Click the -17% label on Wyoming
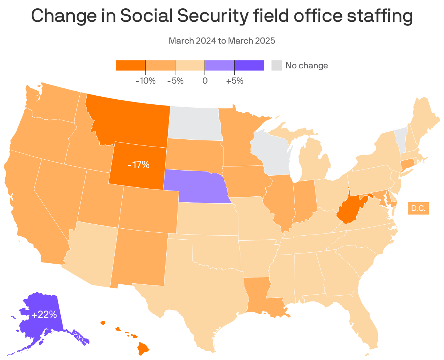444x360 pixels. click(x=138, y=165)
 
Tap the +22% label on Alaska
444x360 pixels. click(x=44, y=315)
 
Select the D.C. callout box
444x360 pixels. click(x=418, y=208)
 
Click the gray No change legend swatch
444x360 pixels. click(x=277, y=65)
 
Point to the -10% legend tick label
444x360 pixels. click(x=145, y=81)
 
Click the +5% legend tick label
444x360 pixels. click(x=235, y=81)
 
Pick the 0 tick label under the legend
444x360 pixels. click(x=205, y=81)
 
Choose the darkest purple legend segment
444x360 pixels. click(x=249, y=65)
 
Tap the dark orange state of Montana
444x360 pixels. click(x=131, y=120)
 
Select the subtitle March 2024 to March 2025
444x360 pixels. click(x=222, y=41)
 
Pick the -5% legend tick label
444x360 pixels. click(x=175, y=81)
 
